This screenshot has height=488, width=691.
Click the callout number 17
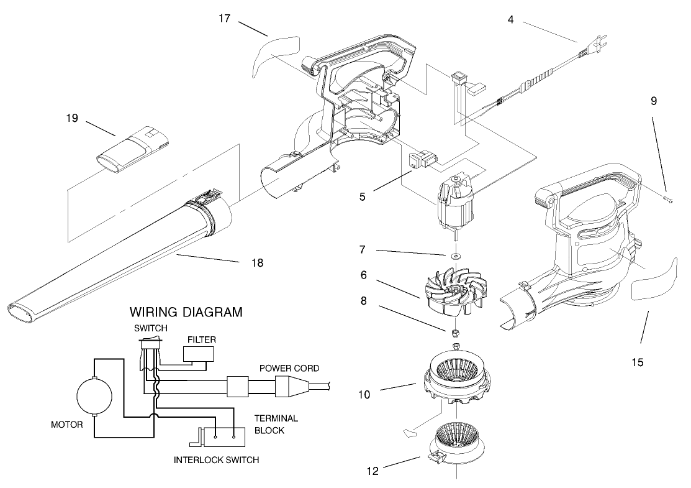click(x=225, y=18)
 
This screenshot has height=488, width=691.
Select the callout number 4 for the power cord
click(x=510, y=19)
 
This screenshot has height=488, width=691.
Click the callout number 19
click(x=72, y=117)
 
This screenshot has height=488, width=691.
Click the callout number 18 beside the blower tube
click(x=257, y=263)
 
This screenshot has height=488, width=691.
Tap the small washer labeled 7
click(x=456, y=256)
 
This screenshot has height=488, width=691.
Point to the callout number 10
click(x=365, y=394)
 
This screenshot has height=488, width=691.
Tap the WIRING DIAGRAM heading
click(x=185, y=312)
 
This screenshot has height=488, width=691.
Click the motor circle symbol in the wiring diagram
click(x=94, y=396)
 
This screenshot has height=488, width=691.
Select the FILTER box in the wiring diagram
click(x=198, y=354)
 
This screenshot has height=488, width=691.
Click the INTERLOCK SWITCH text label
click(x=217, y=461)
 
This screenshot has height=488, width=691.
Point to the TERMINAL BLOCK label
click(x=278, y=424)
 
